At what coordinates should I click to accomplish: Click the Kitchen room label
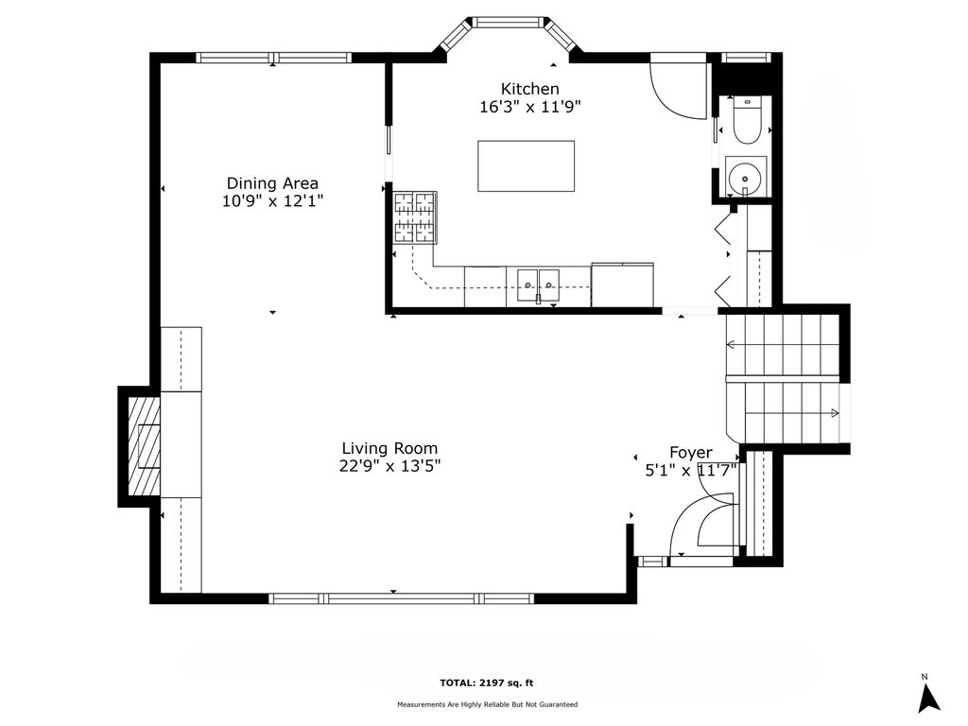pos(529,89)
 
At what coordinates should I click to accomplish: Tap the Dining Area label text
pos(272,183)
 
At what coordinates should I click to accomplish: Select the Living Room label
pos(389,449)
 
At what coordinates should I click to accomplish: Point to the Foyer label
pos(691,453)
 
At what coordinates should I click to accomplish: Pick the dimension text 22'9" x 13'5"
pos(389,466)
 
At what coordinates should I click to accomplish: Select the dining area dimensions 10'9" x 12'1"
pos(272,201)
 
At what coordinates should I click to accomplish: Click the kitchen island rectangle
pos(526,166)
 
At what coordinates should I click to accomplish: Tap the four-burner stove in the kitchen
pos(416,217)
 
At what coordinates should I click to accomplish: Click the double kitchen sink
pos(538,285)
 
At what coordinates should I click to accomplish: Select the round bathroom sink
pos(746,176)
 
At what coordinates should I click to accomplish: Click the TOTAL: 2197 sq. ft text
pos(486,683)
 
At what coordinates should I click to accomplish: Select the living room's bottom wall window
pos(401,598)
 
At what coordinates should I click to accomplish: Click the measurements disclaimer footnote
pos(487,704)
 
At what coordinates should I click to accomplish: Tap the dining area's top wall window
pos(274,58)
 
